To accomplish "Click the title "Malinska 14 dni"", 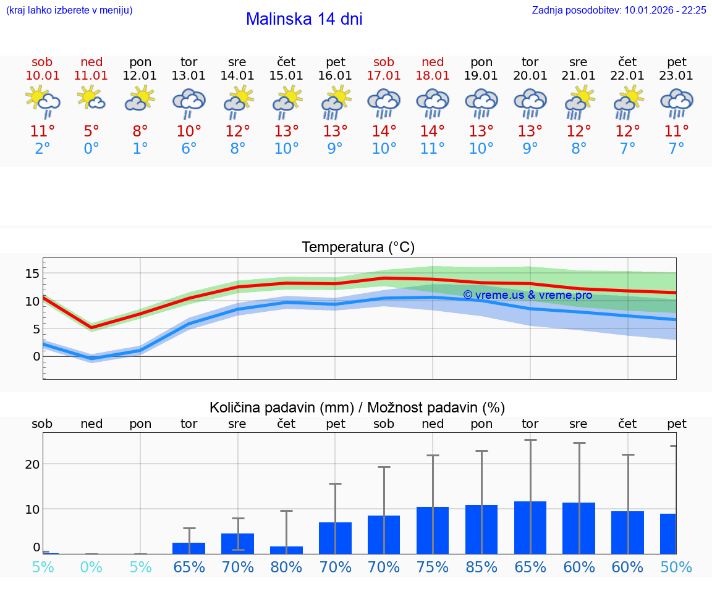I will (304, 19).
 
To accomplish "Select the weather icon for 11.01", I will (91, 99).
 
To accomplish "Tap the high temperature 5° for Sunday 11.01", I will (91, 132).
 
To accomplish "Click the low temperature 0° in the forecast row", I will (91, 149).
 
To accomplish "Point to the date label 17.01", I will (384, 75).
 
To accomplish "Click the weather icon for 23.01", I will (676, 103).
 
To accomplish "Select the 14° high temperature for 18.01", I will (433, 132).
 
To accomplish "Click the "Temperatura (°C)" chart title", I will (358, 248).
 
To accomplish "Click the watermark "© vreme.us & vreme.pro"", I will (527, 295).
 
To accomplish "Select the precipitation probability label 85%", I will (481, 567).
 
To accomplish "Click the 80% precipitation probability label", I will (286, 567).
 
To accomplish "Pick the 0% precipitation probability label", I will (91, 567).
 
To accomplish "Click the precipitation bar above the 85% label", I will (481, 529).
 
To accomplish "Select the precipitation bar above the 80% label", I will (286, 550).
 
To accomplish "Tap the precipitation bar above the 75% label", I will (433, 530).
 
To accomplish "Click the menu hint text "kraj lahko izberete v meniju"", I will (69, 10).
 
